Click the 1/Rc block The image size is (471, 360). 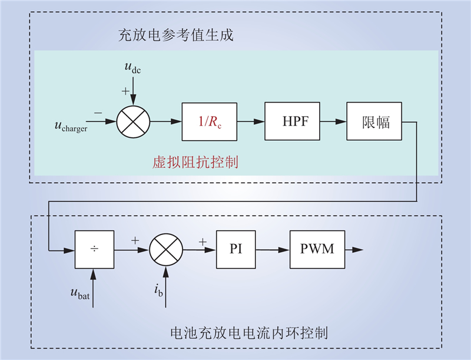pos(210,122)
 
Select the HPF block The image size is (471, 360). pos(292,121)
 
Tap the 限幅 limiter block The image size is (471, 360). pos(374,121)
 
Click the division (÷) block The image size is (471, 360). pos(94,249)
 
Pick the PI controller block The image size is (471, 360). pos(236,249)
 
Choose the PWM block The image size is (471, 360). pos(317,249)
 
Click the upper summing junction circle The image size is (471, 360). pos(133,122)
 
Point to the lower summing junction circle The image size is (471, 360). pos(166,250)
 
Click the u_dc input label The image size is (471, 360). pos(132,67)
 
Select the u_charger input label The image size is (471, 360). pos(71,126)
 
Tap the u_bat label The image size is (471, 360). pos(80,293)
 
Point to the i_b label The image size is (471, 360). pos(158,290)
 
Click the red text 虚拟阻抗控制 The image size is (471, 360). pos(195,162)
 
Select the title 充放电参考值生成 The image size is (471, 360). pos(175,35)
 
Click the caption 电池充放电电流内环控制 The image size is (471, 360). pos(249,333)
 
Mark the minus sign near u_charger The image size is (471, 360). pos(98,113)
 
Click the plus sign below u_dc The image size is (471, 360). pos(125,91)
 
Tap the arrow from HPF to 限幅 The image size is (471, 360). pos(333,121)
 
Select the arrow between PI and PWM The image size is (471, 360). pos(273,250)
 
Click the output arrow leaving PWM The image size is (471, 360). pos(354,250)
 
